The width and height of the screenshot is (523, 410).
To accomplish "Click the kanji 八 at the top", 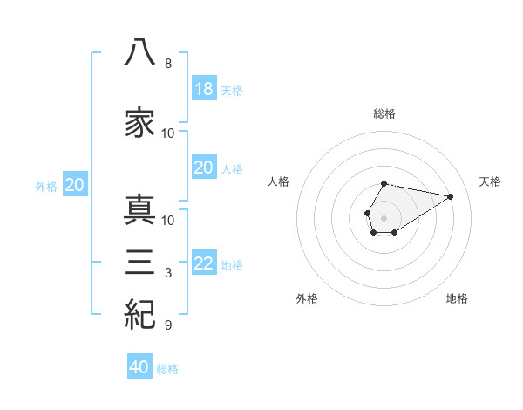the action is click(x=139, y=52).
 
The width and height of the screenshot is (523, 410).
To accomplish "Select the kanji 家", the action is click(x=139, y=122).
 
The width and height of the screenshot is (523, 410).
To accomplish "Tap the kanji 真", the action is click(x=139, y=209).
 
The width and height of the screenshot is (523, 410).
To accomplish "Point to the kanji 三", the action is click(x=139, y=262).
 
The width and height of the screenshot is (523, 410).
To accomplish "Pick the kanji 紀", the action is click(x=139, y=314).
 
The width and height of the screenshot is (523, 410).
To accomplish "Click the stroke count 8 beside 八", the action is click(x=168, y=64).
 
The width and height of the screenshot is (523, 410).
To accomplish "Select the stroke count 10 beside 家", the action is click(x=167, y=133).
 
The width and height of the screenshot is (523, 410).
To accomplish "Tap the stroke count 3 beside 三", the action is click(x=168, y=273).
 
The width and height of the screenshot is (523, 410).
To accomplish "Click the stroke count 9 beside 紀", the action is click(x=168, y=325).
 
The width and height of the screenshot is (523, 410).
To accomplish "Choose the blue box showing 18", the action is click(x=204, y=88).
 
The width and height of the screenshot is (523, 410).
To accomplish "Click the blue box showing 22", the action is click(x=204, y=262).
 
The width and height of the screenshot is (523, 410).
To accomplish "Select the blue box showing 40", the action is click(x=139, y=366).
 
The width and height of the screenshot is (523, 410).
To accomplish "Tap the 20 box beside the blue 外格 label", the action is click(x=75, y=184).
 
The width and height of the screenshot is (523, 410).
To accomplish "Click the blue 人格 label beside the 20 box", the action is click(x=232, y=169).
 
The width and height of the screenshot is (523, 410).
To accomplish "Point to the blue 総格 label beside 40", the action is click(x=167, y=369).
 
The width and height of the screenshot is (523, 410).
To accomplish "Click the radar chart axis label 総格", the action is click(x=384, y=113).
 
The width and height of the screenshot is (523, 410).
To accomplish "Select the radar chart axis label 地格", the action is click(x=457, y=298).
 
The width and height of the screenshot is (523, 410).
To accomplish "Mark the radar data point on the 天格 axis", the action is click(x=450, y=196).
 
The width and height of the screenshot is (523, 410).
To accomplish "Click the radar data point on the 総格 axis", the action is click(x=384, y=184).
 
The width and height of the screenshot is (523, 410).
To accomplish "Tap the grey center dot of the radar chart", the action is click(x=384, y=218).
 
